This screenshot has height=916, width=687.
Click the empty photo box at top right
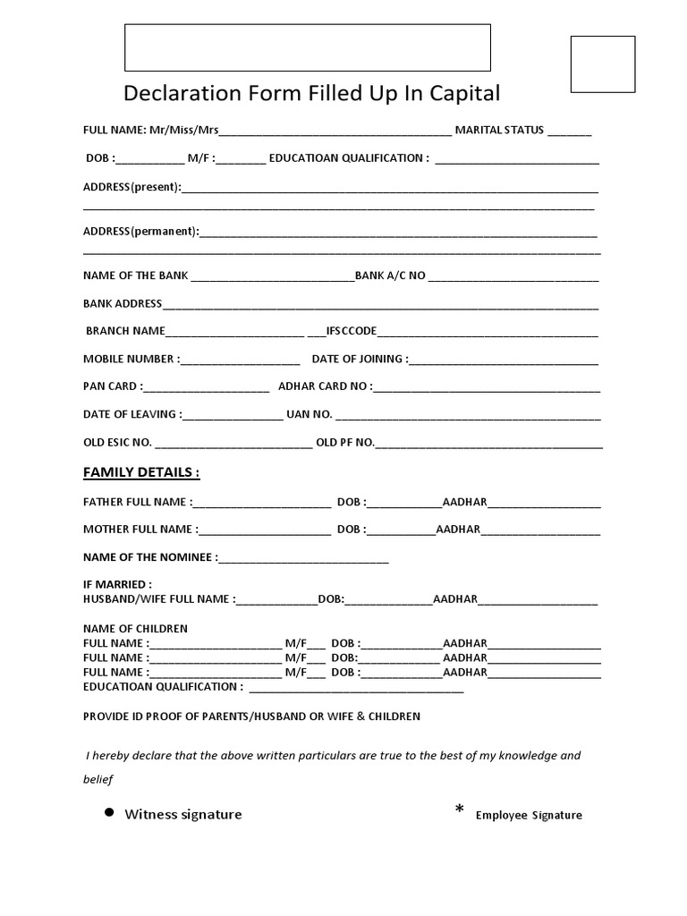click(x=603, y=64)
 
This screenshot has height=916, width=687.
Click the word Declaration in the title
click(x=175, y=94)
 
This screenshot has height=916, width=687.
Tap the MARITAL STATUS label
click(x=499, y=131)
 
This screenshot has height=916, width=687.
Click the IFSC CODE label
click(x=352, y=331)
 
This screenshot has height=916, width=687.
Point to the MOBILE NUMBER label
click(x=129, y=360)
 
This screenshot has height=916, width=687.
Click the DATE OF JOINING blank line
click(x=504, y=361)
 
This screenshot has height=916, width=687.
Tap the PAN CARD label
click(x=110, y=387)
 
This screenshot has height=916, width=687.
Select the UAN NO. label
click(x=309, y=415)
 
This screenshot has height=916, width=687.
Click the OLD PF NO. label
click(x=344, y=443)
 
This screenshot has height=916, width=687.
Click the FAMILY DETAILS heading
click(x=141, y=472)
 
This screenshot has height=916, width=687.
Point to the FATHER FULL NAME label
click(x=135, y=503)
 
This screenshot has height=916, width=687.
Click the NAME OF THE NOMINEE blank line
click(x=303, y=559)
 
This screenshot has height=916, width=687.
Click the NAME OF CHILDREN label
click(x=135, y=629)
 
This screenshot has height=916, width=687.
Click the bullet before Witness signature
click(x=109, y=812)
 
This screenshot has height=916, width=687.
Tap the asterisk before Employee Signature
click(x=460, y=810)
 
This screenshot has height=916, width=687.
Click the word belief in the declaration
click(x=99, y=780)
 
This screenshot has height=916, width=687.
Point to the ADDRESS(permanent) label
click(x=140, y=232)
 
